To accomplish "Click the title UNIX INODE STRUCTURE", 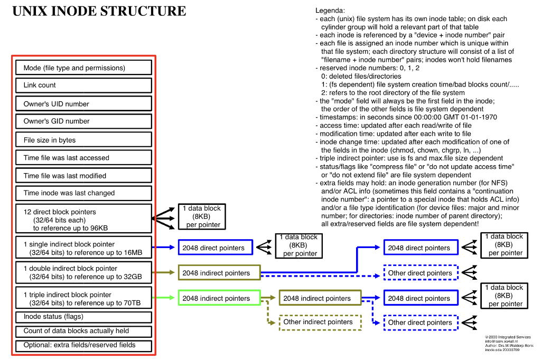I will [99, 11].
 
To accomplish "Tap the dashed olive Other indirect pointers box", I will [319, 322].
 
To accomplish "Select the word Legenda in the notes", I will [330, 11].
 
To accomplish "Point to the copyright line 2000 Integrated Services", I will [508, 337].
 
